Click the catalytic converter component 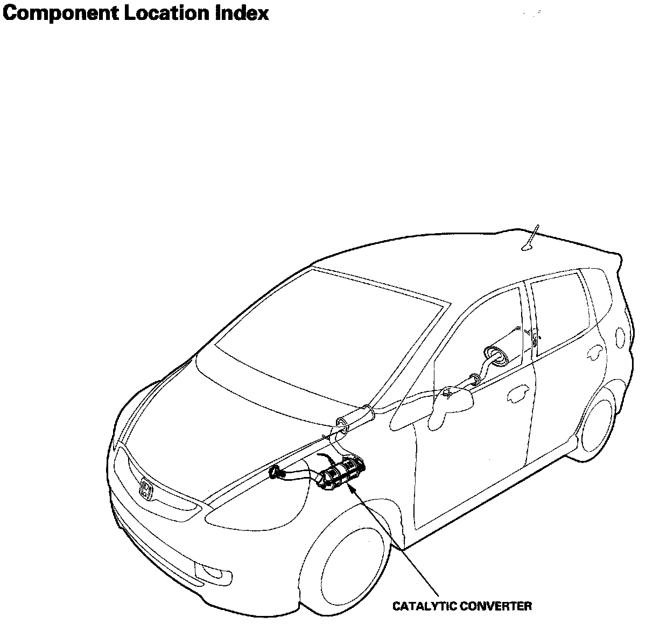(342, 473)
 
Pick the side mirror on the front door (452, 398)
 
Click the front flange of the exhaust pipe (277, 473)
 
